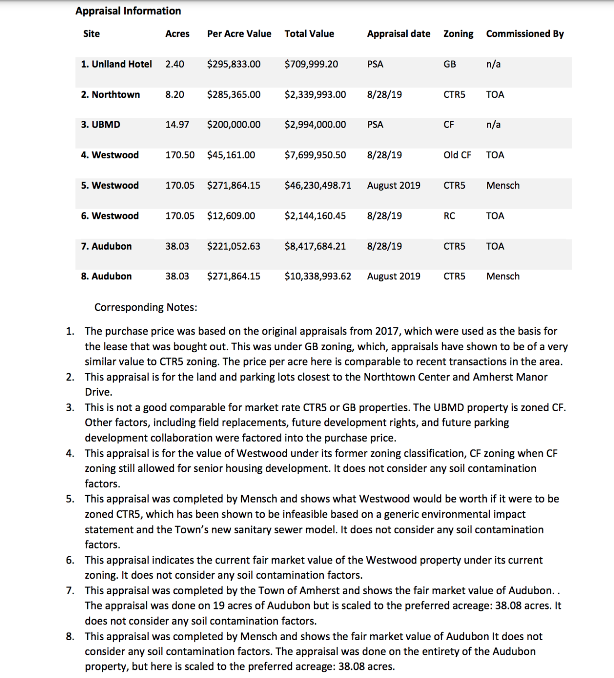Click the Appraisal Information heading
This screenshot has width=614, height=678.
pos(128,11)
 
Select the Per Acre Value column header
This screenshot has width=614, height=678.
pos(239,34)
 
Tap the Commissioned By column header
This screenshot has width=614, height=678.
pos(525,34)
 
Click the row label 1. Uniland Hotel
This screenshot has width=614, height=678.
pos(116,64)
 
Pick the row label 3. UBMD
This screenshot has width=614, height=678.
pos(100,125)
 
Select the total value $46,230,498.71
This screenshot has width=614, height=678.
pos(318,185)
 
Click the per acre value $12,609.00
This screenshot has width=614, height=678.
pos(231,216)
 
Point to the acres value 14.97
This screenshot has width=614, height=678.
pos(177,125)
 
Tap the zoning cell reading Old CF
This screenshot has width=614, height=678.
pos(457,155)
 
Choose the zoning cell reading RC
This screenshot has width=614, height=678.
pos(449,216)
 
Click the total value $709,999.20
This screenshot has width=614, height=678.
pos(311,64)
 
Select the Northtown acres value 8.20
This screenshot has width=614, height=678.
pos(175,94)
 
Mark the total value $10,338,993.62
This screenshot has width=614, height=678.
pos(318,276)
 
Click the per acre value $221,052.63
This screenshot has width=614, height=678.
pos(234,246)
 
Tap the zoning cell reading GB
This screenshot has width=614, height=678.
pos(449,64)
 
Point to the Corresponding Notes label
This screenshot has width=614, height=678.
pos(145,307)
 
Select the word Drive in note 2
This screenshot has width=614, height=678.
pos(98,392)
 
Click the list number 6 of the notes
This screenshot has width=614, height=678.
pos(70,560)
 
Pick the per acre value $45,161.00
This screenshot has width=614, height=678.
pos(231,155)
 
